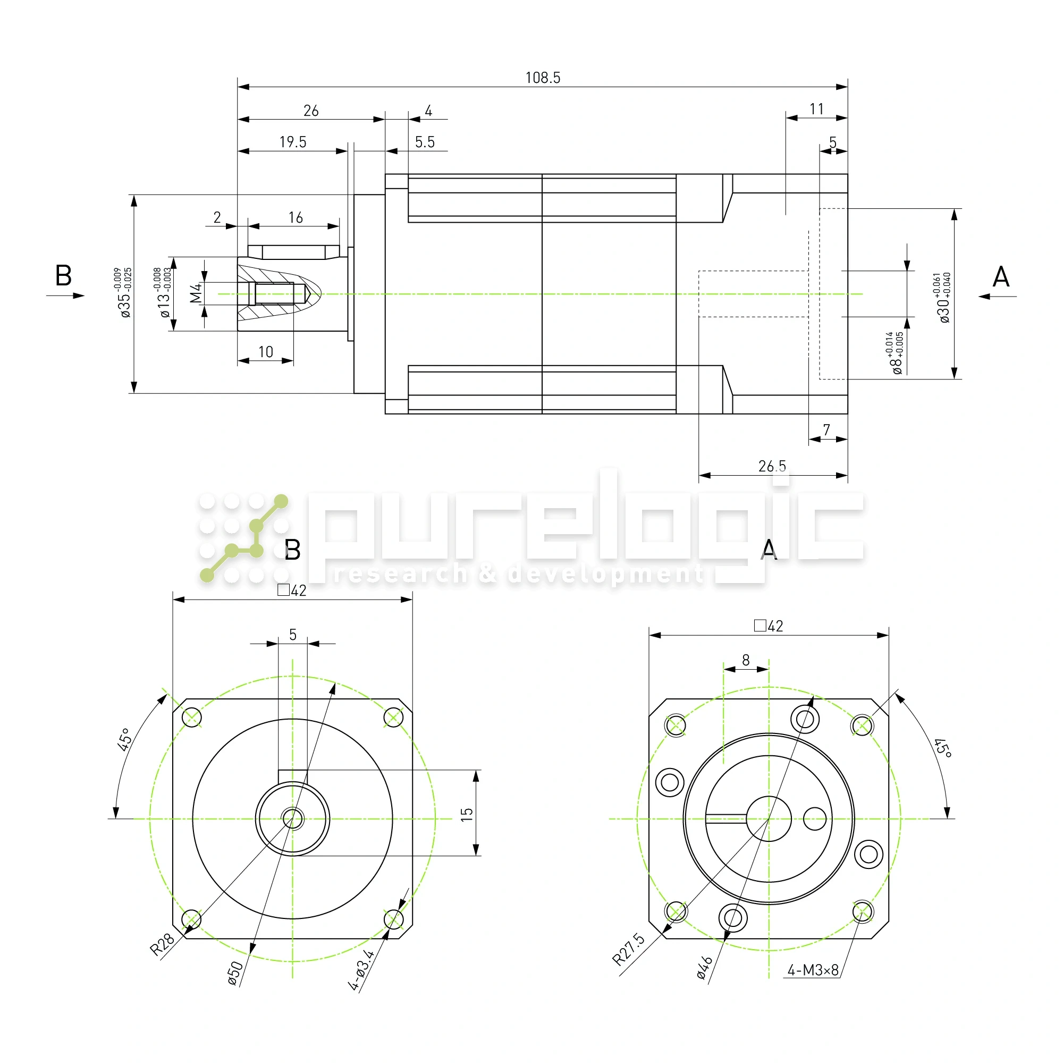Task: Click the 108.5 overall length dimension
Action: tap(543, 78)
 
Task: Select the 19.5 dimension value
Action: tap(293, 142)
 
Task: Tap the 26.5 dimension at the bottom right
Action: tap(772, 466)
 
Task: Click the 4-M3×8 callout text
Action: tap(813, 985)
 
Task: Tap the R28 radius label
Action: tap(162, 944)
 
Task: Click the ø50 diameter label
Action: tap(235, 973)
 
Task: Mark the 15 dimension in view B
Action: tap(467, 814)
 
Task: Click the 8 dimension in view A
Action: tap(746, 660)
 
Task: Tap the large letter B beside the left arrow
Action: tap(63, 275)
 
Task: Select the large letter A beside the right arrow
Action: tap(1000, 277)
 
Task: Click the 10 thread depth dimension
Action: tap(266, 351)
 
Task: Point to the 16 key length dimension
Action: tap(296, 217)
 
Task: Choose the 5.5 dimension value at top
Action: tap(425, 142)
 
